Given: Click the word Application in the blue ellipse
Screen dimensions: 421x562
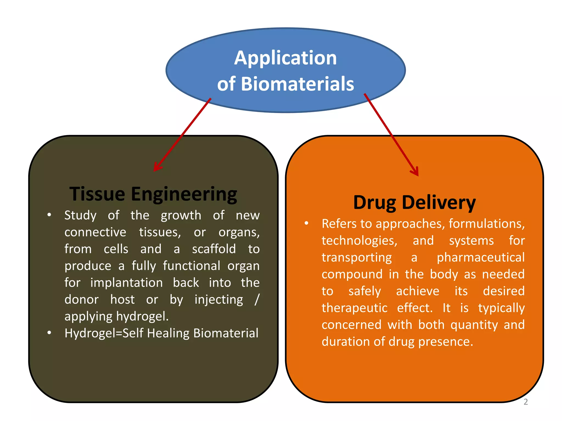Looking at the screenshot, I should pos(285,58).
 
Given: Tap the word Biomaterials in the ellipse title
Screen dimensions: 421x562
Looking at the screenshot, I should pos(297,84).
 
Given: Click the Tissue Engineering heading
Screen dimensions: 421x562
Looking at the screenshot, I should pos(153,194).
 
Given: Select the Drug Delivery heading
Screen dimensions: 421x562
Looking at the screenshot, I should pos(414,203).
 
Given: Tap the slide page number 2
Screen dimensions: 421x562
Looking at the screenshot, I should pos(526,402).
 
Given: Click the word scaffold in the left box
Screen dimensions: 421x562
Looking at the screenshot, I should pos(214,249).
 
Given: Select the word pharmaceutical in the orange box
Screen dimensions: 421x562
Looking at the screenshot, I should pos(480,258).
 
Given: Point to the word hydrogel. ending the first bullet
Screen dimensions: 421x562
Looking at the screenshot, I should pos(142,317).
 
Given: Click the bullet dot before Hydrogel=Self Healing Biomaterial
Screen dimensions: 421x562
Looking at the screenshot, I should pos(49,333).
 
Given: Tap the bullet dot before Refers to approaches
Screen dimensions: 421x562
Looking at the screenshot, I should pos(307,223).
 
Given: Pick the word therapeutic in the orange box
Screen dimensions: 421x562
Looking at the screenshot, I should pos(354,308).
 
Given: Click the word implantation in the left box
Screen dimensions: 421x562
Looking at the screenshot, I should pos(127,283).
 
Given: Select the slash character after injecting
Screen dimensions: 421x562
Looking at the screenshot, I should pos(257,300).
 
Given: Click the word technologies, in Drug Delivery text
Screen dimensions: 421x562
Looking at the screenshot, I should pos(359,241).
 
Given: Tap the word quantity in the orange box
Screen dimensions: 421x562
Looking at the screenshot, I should pos(474,325).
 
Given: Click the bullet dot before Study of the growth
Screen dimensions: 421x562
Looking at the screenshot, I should pos(49,215).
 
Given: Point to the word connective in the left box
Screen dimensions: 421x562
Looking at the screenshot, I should pos(95,232).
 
